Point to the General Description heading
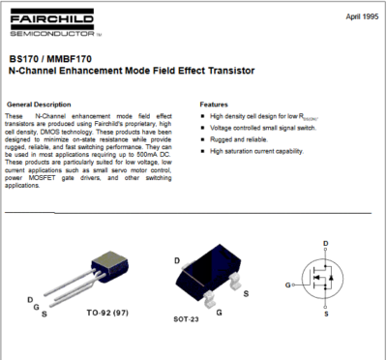[x=39, y=104]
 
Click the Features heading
[x=214, y=104]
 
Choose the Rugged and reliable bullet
[x=238, y=139]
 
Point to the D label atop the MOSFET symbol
[x=326, y=243]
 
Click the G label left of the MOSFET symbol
[x=288, y=285]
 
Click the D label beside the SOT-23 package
[x=177, y=261]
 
